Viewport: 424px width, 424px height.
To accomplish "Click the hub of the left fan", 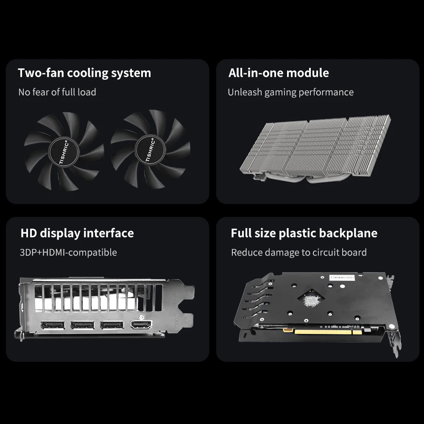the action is coord(64,151).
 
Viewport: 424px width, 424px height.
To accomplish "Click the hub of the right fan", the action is coord(150,150).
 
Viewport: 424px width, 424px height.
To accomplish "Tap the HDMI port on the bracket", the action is coord(141,324).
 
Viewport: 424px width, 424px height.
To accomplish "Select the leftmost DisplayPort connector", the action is coord(53,325).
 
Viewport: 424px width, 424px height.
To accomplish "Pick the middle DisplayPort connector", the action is coord(83,325).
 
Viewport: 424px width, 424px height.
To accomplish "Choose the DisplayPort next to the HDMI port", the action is coord(112,325).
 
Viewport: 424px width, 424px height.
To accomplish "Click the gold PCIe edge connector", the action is coord(323,331).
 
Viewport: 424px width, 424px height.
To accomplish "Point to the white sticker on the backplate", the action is coord(342,278).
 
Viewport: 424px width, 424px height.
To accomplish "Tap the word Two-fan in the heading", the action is coord(40,73).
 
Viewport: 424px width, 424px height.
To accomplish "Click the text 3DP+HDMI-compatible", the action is coord(68,253).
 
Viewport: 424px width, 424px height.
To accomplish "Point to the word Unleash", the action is coord(245,92).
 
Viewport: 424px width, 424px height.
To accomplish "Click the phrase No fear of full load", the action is coord(57,92).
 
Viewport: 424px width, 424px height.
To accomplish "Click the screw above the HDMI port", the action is coord(141,317).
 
